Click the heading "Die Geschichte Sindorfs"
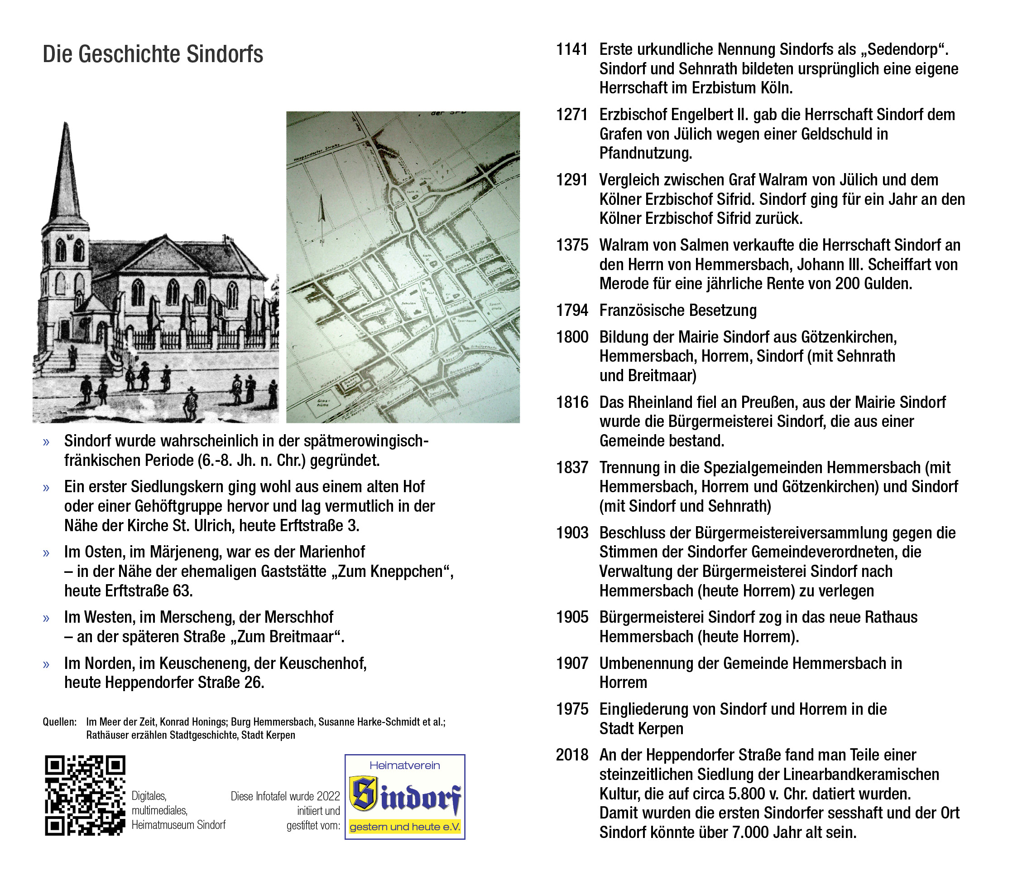tap(153, 54)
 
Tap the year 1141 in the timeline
tap(571, 49)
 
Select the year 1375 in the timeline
tap(571, 245)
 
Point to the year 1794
tap(571, 310)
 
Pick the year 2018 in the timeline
tap(571, 755)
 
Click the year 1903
tap(571, 533)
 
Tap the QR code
tap(85, 795)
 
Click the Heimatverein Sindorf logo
tap(405, 797)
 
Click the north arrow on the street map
tap(322, 216)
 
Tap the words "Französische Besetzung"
tap(678, 310)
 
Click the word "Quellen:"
tap(60, 722)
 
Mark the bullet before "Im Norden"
tap(46, 664)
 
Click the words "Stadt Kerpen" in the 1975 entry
tap(641, 728)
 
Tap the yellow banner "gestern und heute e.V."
tap(405, 827)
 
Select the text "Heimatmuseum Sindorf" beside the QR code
tap(178, 825)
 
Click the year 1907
tap(571, 663)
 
